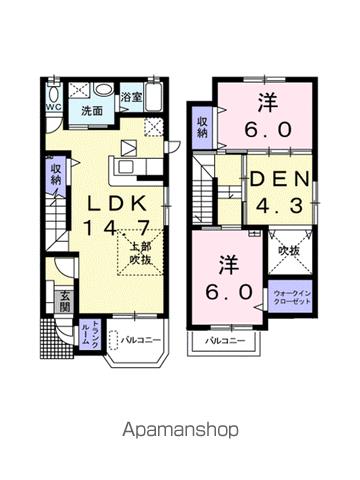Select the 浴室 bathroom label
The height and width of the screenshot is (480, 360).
131,98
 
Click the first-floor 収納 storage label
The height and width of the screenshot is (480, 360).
54,176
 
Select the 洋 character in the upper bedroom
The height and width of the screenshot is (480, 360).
267,101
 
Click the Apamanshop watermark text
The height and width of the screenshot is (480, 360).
181,430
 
